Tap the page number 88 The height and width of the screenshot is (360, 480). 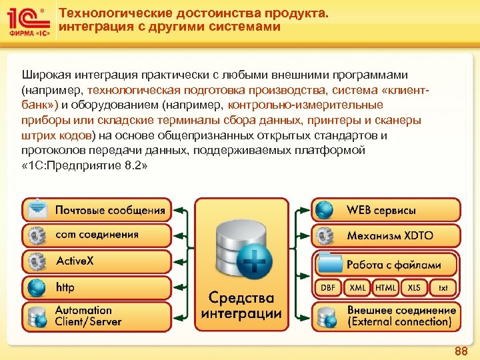(x=460, y=351)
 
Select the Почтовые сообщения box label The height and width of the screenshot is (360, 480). (x=110, y=210)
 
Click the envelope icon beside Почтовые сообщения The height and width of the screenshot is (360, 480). (x=37, y=209)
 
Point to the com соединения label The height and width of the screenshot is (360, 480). (x=97, y=235)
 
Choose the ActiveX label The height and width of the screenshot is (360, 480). (x=75, y=261)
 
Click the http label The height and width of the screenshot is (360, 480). (x=65, y=287)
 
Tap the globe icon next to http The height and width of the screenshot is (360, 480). (x=37, y=287)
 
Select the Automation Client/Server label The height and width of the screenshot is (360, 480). (x=88, y=315)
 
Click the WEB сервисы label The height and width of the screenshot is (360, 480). (x=381, y=210)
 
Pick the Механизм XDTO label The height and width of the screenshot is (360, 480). (x=389, y=235)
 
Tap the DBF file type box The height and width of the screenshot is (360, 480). (x=328, y=287)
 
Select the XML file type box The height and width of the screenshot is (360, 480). (x=357, y=287)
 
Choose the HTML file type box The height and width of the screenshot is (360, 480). (x=385, y=287)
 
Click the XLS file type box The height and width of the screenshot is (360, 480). (x=414, y=287)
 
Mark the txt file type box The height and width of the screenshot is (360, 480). (x=443, y=287)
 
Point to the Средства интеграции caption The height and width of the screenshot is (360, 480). (x=241, y=305)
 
